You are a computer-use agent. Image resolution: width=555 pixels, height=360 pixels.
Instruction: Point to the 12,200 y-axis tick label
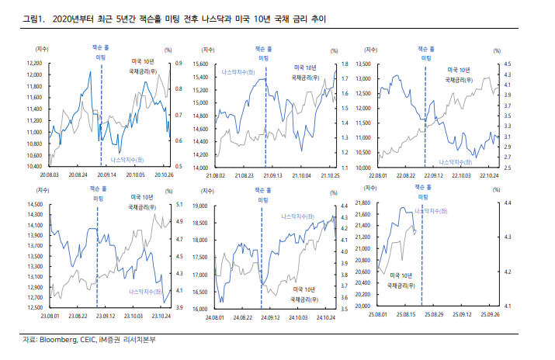(33, 63)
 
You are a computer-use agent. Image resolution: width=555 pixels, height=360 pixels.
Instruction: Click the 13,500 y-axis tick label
(363, 64)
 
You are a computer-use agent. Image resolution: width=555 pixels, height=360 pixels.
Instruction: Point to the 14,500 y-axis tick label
(33, 204)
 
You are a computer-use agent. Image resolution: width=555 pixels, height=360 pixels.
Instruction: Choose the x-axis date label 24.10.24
(325, 316)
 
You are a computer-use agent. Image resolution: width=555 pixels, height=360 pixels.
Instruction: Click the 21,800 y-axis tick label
(365, 203)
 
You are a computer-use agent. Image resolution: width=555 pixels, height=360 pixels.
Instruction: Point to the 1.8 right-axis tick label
(345, 64)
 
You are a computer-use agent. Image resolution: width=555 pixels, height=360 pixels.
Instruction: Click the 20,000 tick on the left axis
(365, 306)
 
